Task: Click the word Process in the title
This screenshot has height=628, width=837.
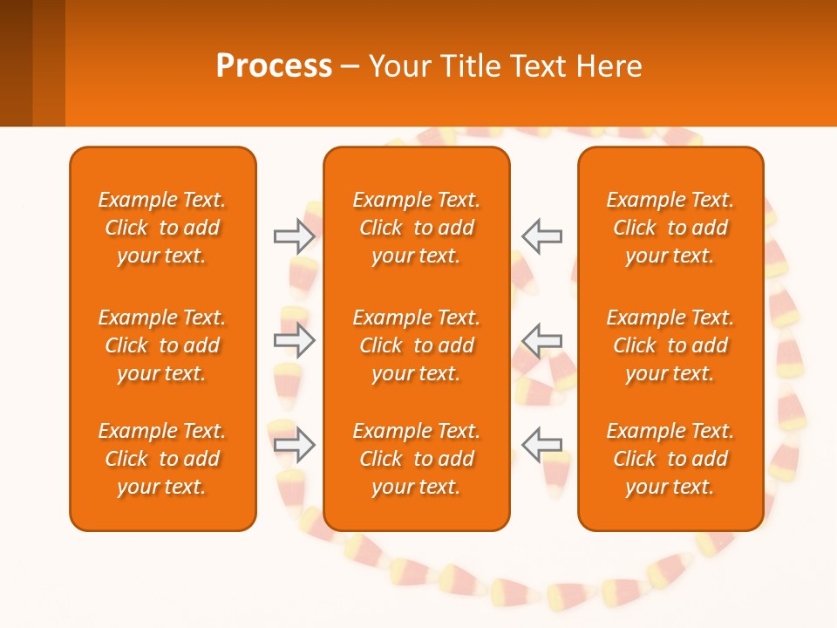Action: [x=274, y=65]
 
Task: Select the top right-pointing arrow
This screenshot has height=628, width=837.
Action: [x=294, y=236]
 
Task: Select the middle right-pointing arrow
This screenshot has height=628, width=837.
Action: [x=294, y=340]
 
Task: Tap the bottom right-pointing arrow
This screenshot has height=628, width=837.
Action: [x=294, y=445]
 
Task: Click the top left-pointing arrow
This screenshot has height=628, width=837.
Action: [x=542, y=236]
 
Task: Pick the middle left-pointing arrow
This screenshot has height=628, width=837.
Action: [x=542, y=340]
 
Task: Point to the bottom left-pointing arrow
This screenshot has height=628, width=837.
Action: [x=542, y=445]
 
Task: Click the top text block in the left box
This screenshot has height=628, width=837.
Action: [x=162, y=228]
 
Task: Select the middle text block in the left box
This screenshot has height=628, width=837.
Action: [x=162, y=345]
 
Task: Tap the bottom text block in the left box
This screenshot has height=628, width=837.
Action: [x=162, y=459]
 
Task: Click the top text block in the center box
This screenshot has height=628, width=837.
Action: [x=416, y=228]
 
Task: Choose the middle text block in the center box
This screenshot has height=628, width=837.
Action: [x=416, y=345]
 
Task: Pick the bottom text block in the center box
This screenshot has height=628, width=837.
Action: [x=416, y=459]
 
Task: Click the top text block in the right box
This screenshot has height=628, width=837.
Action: [x=670, y=228]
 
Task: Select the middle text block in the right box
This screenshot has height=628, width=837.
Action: [x=670, y=345]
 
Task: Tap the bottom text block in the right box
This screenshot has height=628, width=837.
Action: [x=670, y=459]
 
